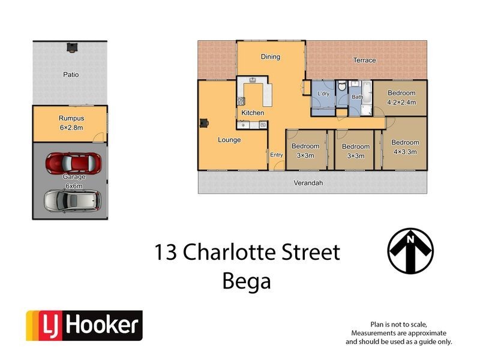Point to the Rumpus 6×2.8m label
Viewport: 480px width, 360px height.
[x=70, y=122]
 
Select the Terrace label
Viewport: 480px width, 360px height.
[x=364, y=60]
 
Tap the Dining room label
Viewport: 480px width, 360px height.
[x=270, y=57]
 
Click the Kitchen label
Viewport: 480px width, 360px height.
[x=253, y=113]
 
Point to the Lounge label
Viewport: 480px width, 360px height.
[x=229, y=140]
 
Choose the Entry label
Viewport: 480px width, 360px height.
[x=276, y=155]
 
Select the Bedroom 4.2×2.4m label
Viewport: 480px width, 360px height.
[x=401, y=97]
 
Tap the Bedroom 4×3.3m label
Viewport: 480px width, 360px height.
[x=405, y=147]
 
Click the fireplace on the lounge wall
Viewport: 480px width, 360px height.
[x=204, y=123]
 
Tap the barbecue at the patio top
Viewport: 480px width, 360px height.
[x=72, y=47]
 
